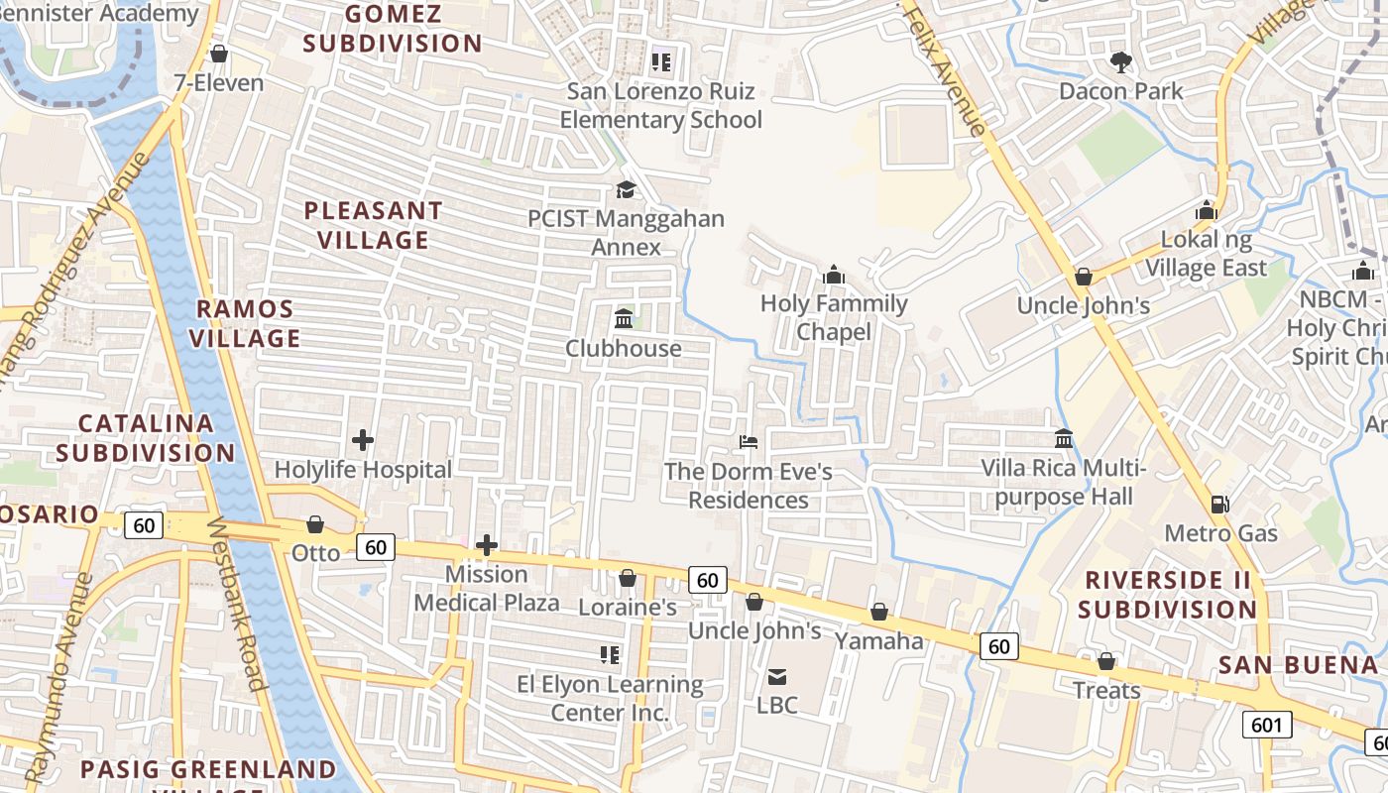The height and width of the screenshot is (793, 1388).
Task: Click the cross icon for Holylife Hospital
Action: pyautogui.click(x=363, y=439)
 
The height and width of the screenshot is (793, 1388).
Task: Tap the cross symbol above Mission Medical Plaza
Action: pyautogui.click(x=486, y=544)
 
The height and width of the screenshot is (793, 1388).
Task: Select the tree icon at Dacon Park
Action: pyautogui.click(x=1121, y=61)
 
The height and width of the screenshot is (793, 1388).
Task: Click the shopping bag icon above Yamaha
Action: pyautogui.click(x=878, y=612)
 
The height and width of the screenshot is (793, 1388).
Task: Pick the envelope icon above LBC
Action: pyautogui.click(x=777, y=677)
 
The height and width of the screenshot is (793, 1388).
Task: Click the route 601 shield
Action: pyautogui.click(x=1266, y=725)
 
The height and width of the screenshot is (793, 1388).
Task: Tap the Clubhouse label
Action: pyautogui.click(x=624, y=348)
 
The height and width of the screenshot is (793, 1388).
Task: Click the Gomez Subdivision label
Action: pyautogui.click(x=393, y=29)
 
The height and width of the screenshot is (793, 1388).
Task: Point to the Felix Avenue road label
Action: pyautogui.click(x=946, y=69)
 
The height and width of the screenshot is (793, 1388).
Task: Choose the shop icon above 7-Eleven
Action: pyautogui.click(x=219, y=54)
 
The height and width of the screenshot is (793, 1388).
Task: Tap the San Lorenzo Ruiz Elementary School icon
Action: pyautogui.click(x=661, y=62)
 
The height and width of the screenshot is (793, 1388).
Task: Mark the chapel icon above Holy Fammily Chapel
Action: pyautogui.click(x=834, y=274)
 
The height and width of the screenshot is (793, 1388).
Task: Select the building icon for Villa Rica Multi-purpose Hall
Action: pyautogui.click(x=1064, y=437)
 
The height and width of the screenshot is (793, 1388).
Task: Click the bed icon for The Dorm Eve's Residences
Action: pyautogui.click(x=749, y=441)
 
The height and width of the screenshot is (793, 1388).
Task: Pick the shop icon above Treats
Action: pyautogui.click(x=1106, y=660)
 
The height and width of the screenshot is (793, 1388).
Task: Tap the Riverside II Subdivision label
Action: pyautogui.click(x=1168, y=594)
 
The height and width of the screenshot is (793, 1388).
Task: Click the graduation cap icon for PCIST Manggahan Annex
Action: pyautogui.click(x=626, y=189)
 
